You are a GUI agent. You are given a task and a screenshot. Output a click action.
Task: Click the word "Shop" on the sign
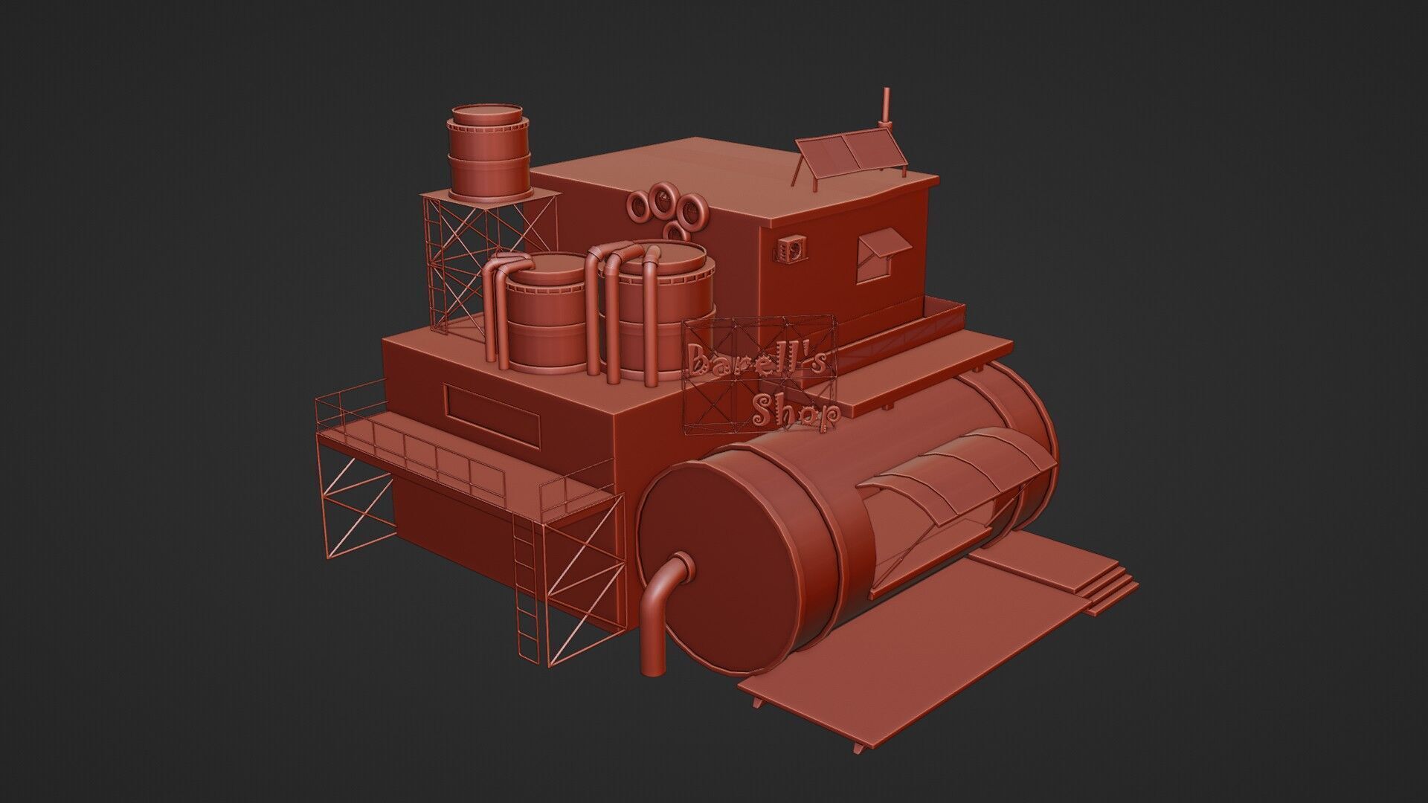(x=796, y=413)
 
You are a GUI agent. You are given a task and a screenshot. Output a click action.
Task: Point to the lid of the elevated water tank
(x=486, y=115)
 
